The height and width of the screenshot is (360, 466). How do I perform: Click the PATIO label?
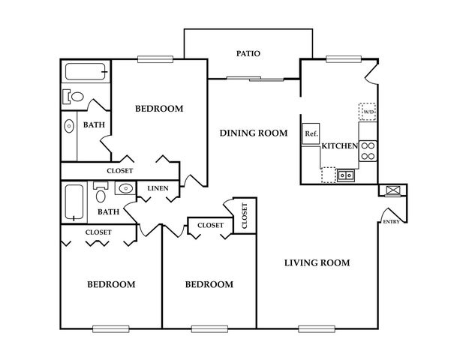pos(248,53)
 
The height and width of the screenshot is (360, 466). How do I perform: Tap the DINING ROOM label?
pos(254,133)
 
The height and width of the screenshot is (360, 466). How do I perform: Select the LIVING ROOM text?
pos(317,262)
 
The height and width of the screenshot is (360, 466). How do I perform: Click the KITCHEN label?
pos(340,145)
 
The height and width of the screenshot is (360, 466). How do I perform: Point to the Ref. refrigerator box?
pos(311,133)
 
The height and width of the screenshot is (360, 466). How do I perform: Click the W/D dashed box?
pos(368,112)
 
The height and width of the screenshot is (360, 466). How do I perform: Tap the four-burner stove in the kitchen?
pos(368,151)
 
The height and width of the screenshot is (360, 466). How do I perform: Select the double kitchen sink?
pos(346,175)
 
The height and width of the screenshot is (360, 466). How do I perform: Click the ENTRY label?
pos(391,222)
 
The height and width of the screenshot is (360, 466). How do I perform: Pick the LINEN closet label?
pos(158,188)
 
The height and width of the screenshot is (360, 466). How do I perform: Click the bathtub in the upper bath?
pos(86,71)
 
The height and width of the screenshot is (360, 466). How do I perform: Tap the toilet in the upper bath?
pos(73,97)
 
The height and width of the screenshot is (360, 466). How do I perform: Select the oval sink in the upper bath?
pos(69,126)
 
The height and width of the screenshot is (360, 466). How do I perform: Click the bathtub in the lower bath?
pos(74,202)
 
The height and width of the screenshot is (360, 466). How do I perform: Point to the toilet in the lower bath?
pos(101,192)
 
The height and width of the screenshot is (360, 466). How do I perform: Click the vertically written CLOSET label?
pos(245,216)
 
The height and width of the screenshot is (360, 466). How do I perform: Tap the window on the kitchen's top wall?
pos(344,59)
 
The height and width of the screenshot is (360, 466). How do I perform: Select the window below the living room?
pos(317,328)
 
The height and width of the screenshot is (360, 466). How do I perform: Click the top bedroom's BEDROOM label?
pos(159,109)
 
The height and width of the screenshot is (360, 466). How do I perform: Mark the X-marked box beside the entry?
pos(393,190)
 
